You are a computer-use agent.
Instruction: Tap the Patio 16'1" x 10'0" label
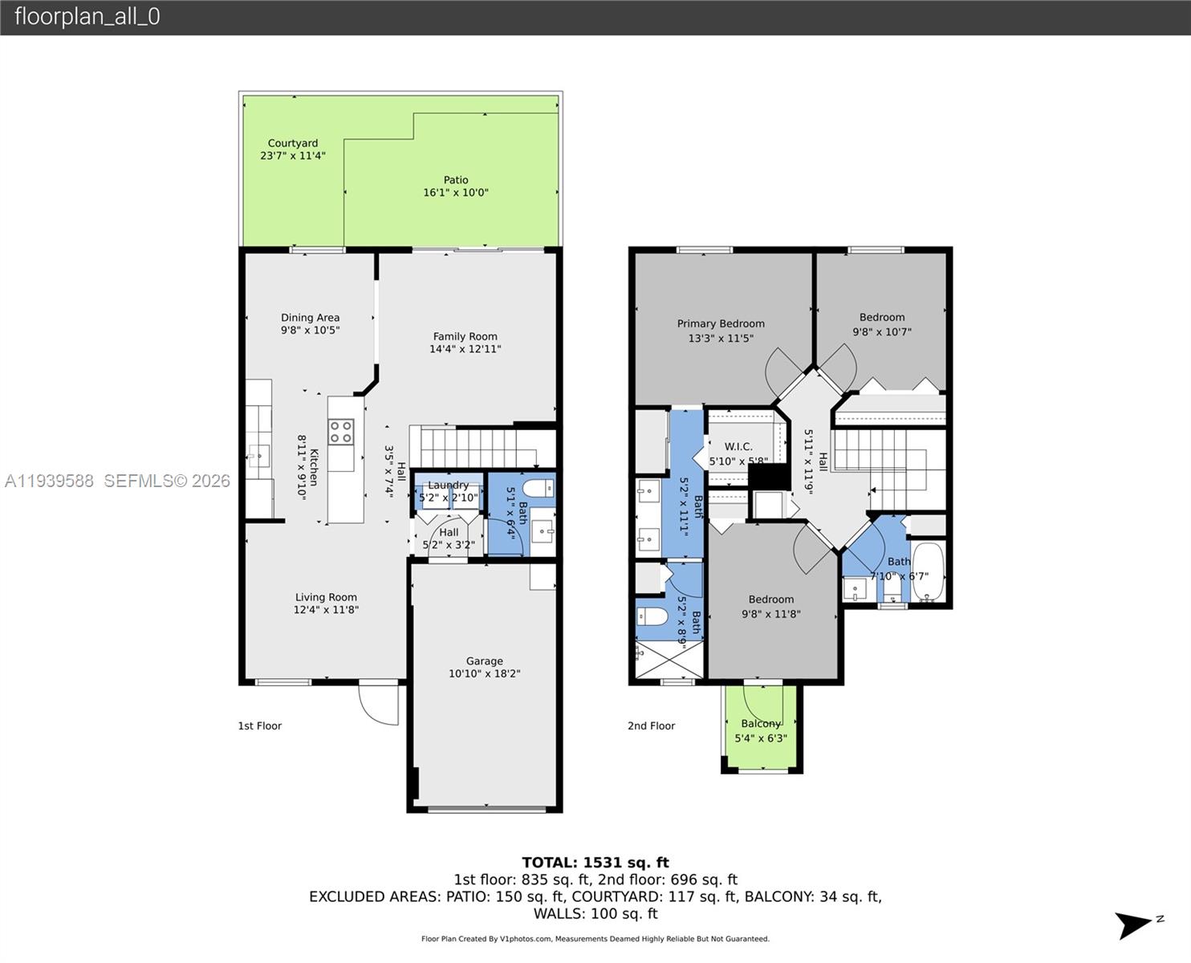(x=456, y=186)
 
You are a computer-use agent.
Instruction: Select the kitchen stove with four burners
(x=341, y=432)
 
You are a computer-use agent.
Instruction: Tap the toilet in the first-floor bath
(x=537, y=489)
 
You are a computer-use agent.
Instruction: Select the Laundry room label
(x=448, y=486)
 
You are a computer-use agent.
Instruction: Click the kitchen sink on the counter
(x=258, y=456)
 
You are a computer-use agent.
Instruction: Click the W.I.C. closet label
(x=738, y=447)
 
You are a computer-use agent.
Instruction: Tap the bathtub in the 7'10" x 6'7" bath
(x=929, y=572)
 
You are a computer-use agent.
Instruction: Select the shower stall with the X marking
(x=668, y=660)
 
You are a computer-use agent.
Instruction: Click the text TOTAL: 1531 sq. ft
(x=595, y=863)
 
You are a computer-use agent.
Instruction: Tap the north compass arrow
(x=1136, y=925)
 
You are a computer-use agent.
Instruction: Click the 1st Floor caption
(x=259, y=726)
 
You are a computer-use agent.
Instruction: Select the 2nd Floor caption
(x=651, y=726)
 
